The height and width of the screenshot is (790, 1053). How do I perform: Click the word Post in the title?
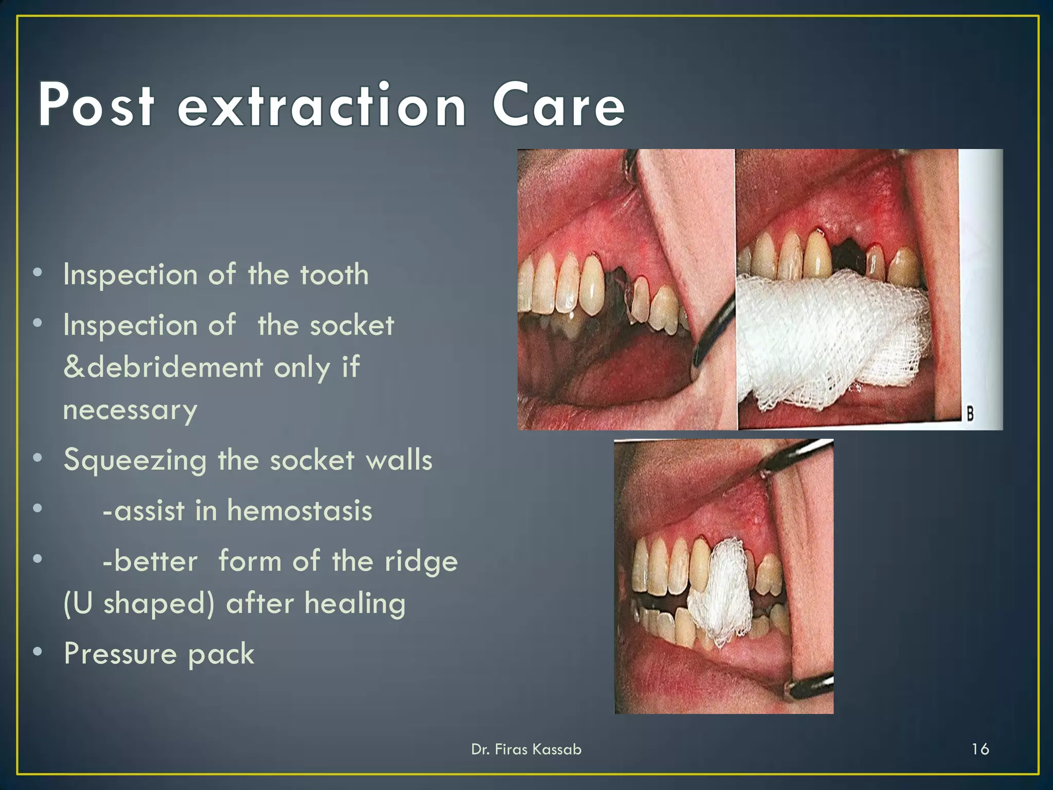(96, 105)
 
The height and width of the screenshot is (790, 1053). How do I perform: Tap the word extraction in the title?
(322, 105)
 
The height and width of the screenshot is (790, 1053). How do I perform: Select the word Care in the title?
(558, 105)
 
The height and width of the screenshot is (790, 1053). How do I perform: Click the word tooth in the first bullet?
(335, 275)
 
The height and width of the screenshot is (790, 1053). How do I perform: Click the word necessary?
(130, 410)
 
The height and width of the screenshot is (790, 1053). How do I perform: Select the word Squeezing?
(135, 460)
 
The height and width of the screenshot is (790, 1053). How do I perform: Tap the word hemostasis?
(300, 511)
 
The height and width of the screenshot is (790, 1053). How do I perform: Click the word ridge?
(421, 562)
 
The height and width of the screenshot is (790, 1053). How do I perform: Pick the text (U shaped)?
(138, 603)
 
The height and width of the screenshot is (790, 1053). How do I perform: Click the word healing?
(355, 603)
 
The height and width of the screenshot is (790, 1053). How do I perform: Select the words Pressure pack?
(159, 654)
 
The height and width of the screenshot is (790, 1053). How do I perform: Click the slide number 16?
(980, 749)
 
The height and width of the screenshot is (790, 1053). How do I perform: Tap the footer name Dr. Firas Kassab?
(526, 749)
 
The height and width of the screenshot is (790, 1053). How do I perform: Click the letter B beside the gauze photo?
(970, 413)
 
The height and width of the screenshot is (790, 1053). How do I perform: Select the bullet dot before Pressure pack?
(38, 652)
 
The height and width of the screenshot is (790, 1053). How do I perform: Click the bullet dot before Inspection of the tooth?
(38, 273)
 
